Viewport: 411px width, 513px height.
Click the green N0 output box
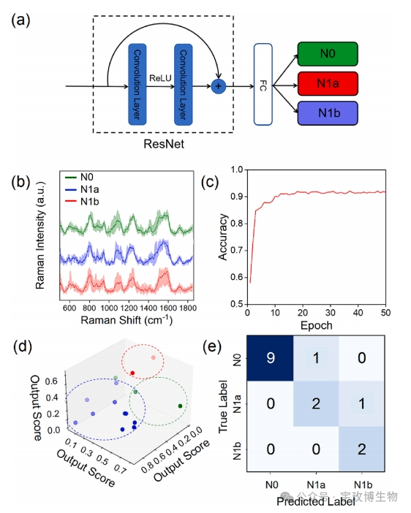tap(328, 54)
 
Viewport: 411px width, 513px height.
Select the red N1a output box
tap(328, 83)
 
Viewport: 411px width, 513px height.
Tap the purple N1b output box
tap(328, 113)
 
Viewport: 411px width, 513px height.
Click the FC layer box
tap(263, 85)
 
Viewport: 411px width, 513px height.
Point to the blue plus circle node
tap(219, 86)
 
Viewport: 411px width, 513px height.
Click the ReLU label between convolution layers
tap(160, 78)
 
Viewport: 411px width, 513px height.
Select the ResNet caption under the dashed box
tap(164, 144)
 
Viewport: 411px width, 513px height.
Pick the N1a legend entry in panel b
tap(83, 189)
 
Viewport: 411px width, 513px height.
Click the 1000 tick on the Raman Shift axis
tap(109, 308)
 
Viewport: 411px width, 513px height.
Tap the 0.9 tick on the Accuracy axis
tap(237, 197)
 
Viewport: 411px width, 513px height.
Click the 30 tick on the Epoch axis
tap(330, 313)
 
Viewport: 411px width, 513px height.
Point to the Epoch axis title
tap(317, 325)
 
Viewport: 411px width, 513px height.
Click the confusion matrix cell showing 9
tap(270, 358)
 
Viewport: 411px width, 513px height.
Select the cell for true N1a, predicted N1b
tap(362, 403)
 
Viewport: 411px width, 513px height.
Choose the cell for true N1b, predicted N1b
tap(362, 449)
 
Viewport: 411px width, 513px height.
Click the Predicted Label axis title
tap(316, 501)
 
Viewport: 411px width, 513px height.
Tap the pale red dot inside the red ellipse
tap(154, 357)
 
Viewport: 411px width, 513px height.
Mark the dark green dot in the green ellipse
tap(180, 406)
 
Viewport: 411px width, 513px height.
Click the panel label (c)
tap(210, 181)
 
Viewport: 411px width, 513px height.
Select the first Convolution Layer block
tap(137, 85)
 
